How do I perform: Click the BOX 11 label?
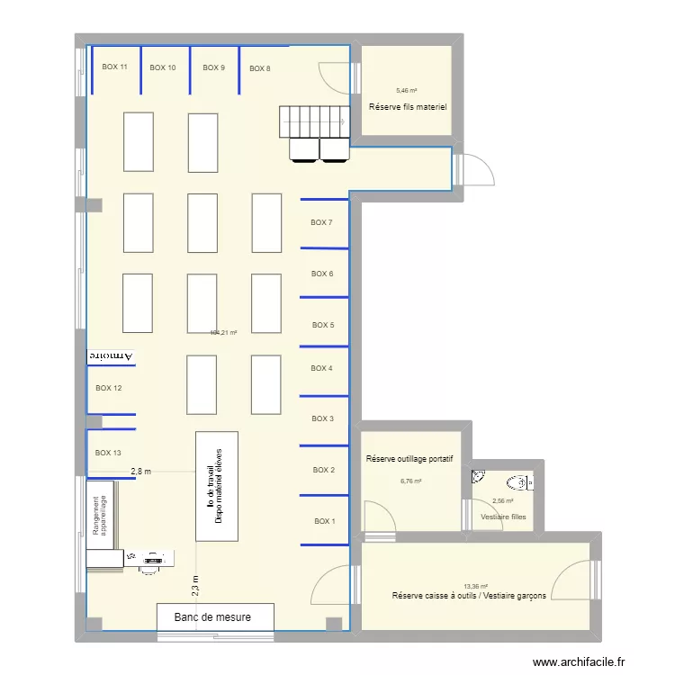pyautogui.click(x=114, y=67)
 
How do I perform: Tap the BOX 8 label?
pyautogui.click(x=259, y=68)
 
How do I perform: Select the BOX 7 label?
pyautogui.click(x=321, y=222)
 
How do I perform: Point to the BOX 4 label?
pyautogui.click(x=321, y=368)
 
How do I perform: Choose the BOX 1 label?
pyautogui.click(x=324, y=521)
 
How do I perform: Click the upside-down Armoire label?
pyautogui.click(x=110, y=356)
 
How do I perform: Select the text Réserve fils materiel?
pyautogui.click(x=408, y=108)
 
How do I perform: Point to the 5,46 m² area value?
pyautogui.click(x=407, y=91)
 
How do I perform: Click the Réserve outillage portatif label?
pyautogui.click(x=409, y=459)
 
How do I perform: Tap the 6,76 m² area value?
pyautogui.click(x=410, y=481)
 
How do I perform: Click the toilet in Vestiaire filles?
pyautogui.click(x=518, y=482)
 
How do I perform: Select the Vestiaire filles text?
pyautogui.click(x=503, y=517)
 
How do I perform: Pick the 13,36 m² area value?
pyautogui.click(x=476, y=585)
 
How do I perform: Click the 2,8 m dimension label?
pyautogui.click(x=141, y=471)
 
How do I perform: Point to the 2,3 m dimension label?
pyautogui.click(x=195, y=586)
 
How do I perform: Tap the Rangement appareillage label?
pyautogui.click(x=100, y=517)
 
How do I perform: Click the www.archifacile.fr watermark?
pyautogui.click(x=579, y=662)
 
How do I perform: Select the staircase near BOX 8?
pyautogui.click(x=312, y=119)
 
